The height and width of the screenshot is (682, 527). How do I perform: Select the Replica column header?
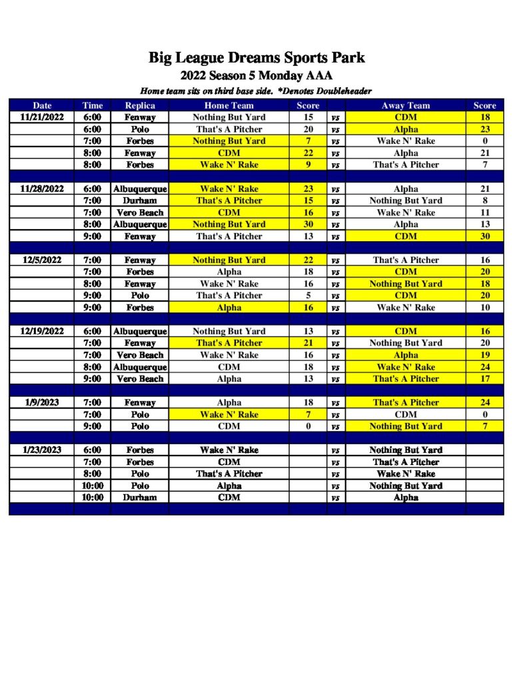pos(140,105)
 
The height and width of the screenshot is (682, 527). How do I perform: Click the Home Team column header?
pos(229,105)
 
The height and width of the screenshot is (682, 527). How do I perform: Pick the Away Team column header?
pos(406,105)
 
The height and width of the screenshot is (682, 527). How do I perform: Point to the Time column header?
pos(93,105)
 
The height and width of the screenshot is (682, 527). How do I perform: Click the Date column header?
pos(42,105)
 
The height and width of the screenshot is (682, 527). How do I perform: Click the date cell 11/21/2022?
pos(42,117)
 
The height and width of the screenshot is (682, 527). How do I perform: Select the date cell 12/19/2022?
pos(42,331)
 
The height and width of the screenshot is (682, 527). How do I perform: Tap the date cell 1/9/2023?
pos(42,402)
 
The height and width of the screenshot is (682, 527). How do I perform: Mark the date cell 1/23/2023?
pos(42,450)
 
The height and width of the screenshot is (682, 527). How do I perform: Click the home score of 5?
pos(308,295)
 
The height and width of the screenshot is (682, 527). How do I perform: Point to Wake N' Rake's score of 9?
pos(308,165)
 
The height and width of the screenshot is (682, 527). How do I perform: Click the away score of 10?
pos(485,307)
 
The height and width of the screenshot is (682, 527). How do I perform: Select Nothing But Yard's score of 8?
pos(485,200)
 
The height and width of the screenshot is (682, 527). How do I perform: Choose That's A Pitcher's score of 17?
pos(485,378)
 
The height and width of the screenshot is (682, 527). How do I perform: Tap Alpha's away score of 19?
pos(485,355)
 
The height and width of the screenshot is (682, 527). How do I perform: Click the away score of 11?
pos(485,212)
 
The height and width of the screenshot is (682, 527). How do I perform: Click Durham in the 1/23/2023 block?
pos(140,497)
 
